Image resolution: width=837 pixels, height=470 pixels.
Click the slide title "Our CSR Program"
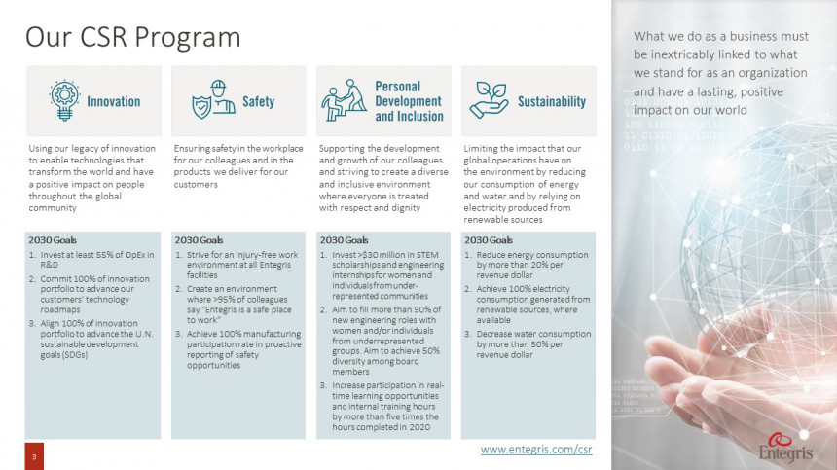point(133,37)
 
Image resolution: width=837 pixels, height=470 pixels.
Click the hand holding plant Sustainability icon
point(489,100)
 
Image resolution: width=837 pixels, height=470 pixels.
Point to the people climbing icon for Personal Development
point(344,100)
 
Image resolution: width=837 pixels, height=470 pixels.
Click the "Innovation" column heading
point(113,101)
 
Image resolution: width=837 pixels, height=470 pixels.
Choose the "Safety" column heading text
point(258,101)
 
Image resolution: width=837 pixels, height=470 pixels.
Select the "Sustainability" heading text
point(551,101)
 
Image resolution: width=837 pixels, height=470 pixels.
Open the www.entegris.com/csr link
point(536,450)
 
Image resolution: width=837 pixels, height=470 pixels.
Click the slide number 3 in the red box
point(34,456)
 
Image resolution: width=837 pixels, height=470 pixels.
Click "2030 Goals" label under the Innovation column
point(53,239)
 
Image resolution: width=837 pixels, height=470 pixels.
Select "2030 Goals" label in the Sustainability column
point(489,239)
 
